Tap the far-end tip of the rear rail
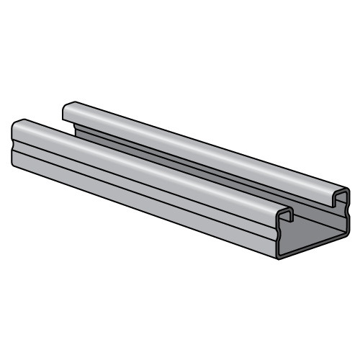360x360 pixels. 67,108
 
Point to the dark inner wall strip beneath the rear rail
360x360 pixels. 216,163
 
